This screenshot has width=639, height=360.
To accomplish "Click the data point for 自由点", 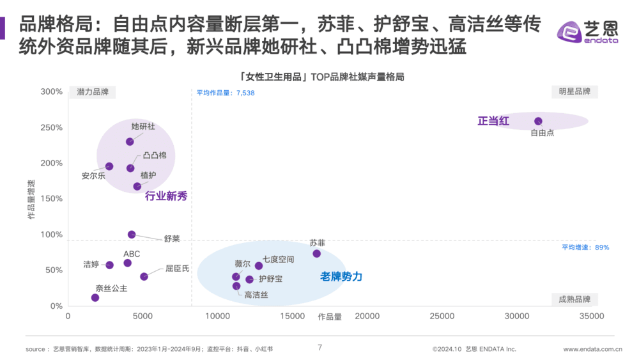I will (x=538, y=121).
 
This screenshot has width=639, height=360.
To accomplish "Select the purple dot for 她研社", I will (x=130, y=141).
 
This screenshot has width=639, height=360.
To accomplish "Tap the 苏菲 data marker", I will (x=316, y=254).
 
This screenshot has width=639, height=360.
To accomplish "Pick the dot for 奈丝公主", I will (x=95, y=297).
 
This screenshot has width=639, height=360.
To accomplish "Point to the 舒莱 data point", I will (x=132, y=235).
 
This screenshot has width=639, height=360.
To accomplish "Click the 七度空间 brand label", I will (x=278, y=259).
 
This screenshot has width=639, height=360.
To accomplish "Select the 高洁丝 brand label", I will (x=256, y=295).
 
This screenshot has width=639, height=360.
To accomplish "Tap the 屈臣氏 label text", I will (x=177, y=269).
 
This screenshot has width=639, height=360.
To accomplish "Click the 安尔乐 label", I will (x=93, y=176).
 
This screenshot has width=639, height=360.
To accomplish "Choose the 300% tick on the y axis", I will (x=51, y=91).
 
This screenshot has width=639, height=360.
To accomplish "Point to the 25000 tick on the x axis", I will (x=442, y=316).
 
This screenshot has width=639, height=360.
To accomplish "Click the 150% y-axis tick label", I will (x=51, y=199).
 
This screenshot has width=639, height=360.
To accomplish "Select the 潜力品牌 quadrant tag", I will (x=93, y=91).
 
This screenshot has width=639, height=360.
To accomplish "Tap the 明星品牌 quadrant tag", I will (x=574, y=91).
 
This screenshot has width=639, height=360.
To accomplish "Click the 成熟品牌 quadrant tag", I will (x=574, y=299).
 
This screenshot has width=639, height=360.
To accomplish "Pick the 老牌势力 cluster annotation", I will (x=341, y=276).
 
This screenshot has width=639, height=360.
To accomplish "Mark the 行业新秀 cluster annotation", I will (x=166, y=196).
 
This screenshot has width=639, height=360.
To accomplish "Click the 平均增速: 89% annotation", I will (x=585, y=247).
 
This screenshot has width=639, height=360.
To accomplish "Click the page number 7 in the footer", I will (x=319, y=348).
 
